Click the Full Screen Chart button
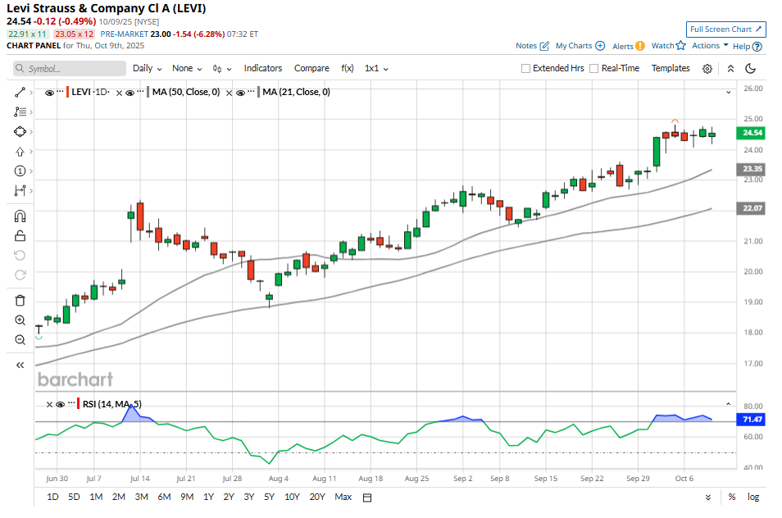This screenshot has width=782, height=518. click(x=726, y=30)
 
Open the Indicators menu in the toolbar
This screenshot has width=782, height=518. click(x=263, y=68)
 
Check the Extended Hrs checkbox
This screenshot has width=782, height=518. click(x=526, y=69)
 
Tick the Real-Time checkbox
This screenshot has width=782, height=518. click(x=594, y=69)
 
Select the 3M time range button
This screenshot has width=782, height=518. click(x=141, y=497)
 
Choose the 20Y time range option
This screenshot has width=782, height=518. click(x=317, y=497)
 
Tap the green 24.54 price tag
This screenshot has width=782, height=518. click(x=752, y=132)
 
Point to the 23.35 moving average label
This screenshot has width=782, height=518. click(x=752, y=168)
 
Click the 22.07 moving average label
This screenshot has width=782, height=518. click(x=752, y=209)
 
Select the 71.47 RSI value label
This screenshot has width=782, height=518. click(x=752, y=419)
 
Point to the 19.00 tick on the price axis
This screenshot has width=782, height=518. click(x=752, y=302)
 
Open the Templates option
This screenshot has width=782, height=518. click(x=671, y=68)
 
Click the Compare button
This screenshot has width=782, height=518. click(x=311, y=68)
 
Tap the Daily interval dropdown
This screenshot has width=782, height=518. click(x=147, y=68)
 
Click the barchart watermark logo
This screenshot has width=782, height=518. click(x=75, y=379)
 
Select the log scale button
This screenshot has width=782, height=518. click(x=753, y=497)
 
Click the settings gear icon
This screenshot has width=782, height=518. click(x=707, y=69)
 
